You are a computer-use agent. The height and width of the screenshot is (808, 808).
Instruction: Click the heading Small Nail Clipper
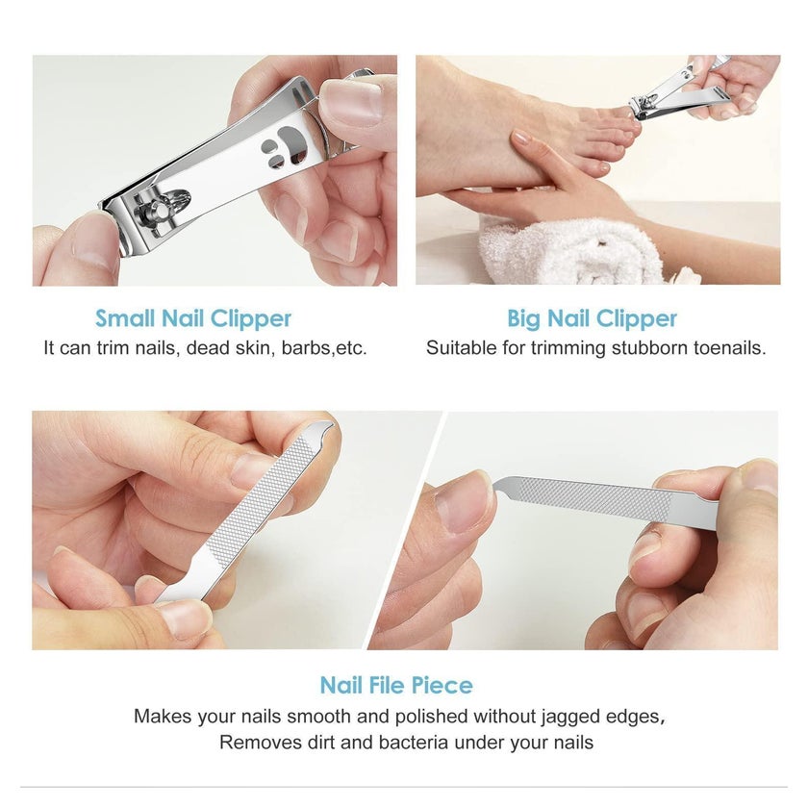click(x=193, y=318)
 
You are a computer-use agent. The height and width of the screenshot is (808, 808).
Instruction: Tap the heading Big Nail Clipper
click(x=593, y=318)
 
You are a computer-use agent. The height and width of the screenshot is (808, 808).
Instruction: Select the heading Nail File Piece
click(x=396, y=685)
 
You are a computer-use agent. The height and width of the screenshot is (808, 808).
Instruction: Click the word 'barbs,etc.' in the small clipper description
click(x=324, y=348)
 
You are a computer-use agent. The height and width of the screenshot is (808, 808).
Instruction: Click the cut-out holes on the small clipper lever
click(x=283, y=146)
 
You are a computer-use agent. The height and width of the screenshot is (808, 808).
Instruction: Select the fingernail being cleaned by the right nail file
click(x=464, y=501)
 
